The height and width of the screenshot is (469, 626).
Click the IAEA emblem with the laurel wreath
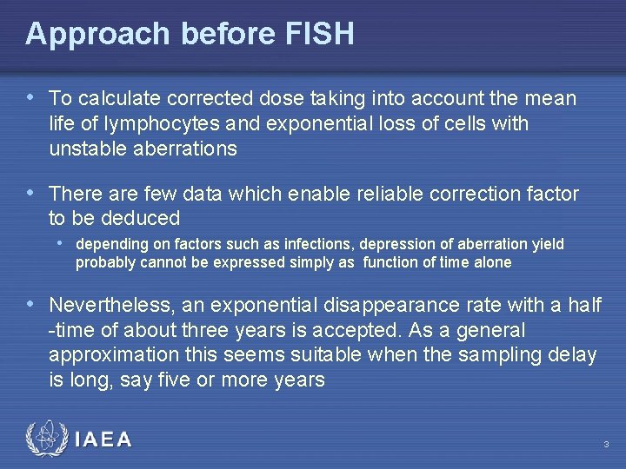coord(45,439)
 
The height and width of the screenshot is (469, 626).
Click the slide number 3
coord(606,446)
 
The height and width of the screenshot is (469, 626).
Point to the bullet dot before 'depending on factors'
coord(60,242)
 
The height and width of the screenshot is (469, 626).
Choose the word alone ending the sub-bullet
coord(493,262)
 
